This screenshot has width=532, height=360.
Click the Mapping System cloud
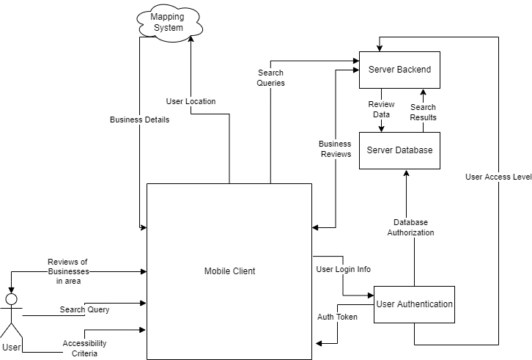tap(168, 22)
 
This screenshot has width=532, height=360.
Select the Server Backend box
tap(399, 70)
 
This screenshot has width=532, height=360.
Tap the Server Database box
tap(399, 150)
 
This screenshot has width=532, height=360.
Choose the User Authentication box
tap(414, 304)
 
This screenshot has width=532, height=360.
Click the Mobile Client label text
tap(229, 271)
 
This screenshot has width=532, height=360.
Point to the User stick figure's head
tap(11, 298)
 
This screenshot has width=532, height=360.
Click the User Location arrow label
tap(191, 101)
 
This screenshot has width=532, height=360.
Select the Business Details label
tap(139, 120)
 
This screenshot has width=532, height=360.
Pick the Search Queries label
tap(270, 78)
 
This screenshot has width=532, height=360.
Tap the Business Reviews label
tap(335, 149)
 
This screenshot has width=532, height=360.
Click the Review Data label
tap(381, 110)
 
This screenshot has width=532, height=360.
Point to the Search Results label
tap(423, 112)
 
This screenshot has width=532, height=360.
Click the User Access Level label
tap(498, 177)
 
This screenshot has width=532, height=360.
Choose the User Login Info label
tap(343, 269)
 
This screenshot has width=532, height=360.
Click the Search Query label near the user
tap(84, 309)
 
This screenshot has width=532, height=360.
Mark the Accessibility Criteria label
tap(84, 348)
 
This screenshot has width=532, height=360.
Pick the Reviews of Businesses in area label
tap(67, 271)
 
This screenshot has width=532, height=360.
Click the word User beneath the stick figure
tap(11, 346)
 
